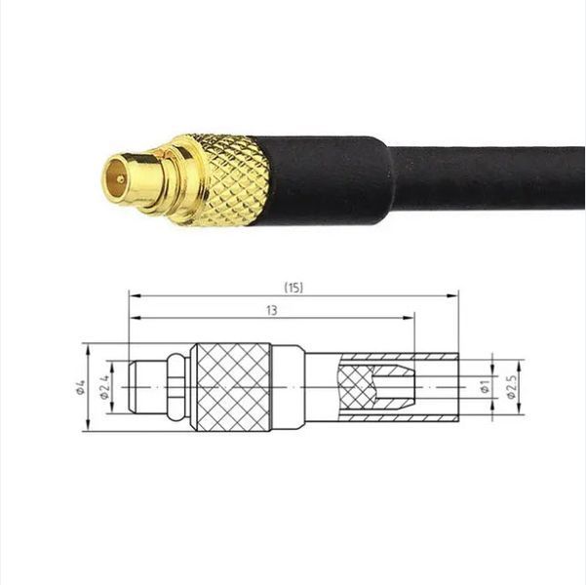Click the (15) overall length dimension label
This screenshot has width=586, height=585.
click(293, 288)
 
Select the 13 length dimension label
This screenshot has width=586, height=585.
click(272, 310)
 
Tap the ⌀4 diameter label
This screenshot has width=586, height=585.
click(80, 386)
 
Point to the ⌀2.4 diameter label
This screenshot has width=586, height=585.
click(104, 386)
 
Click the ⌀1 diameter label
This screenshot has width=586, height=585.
click(486, 387)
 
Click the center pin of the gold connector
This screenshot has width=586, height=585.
click(120, 179)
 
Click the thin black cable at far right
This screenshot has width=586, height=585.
click(486, 177)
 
